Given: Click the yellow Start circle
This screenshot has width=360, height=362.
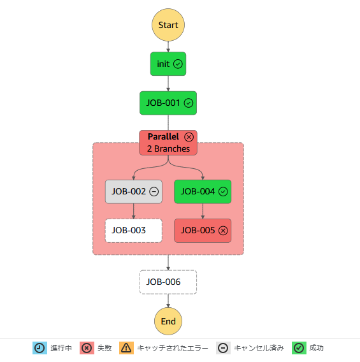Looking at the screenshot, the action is (168, 25).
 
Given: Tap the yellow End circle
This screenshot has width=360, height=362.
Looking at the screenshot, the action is (168, 321).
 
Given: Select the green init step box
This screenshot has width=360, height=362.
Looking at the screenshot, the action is (168, 64).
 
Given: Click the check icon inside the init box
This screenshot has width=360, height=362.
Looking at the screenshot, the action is (178, 64).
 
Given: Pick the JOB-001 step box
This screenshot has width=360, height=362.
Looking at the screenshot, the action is (168, 103).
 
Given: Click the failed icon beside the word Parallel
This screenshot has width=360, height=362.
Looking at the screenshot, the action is (189, 137).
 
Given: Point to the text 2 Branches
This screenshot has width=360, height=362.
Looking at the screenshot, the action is (168, 148).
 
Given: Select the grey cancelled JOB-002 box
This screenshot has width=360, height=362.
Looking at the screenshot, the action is (134, 192).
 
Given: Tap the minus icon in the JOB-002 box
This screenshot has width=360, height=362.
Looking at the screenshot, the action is (154, 192).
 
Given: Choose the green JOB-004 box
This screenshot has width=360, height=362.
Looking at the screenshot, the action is (203, 192).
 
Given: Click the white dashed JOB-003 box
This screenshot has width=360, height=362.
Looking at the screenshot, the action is (134, 231).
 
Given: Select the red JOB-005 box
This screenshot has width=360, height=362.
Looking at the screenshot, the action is (203, 231).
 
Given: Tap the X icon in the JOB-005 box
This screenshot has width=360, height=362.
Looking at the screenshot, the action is (223, 231).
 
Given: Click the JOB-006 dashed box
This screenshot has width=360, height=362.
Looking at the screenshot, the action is (168, 282).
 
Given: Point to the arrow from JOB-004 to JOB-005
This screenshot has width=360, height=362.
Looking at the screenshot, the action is (203, 211).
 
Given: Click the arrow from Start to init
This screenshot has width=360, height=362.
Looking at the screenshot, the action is (168, 47).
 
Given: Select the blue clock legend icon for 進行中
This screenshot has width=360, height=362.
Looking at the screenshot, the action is (40, 348).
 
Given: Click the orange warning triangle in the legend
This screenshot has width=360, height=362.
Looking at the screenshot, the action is (126, 348).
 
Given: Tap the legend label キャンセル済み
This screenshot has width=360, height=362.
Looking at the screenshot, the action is (259, 348).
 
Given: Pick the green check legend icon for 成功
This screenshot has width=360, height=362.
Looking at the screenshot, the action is (299, 348).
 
